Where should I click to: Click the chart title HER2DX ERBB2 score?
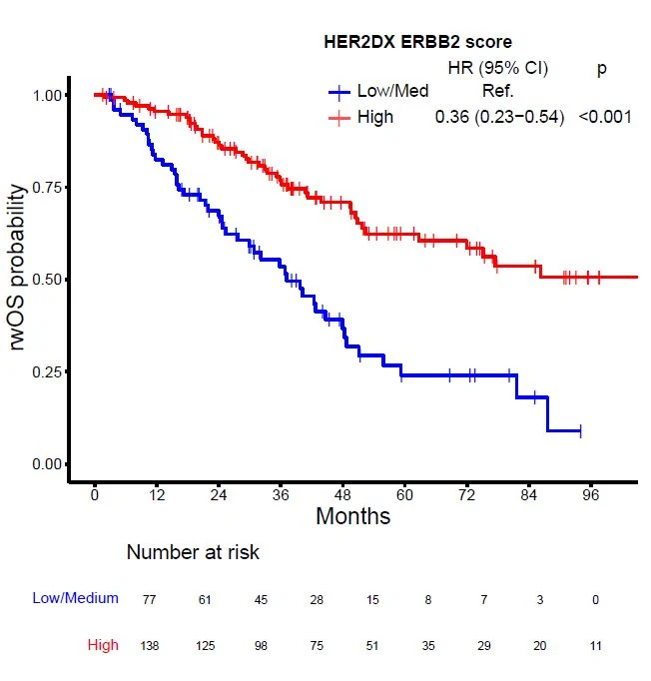pos(418,42)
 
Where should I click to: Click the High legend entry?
pos(374,117)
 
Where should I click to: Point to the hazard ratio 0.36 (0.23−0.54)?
pos(499,117)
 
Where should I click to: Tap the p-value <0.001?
pos(605,117)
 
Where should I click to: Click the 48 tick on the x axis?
pos(343,494)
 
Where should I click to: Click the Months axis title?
pos(352,517)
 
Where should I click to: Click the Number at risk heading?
pos(193,552)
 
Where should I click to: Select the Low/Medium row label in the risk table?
pos(76,598)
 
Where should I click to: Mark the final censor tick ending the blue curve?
pos(580,431)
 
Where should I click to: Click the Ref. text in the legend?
pos(497,92)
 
